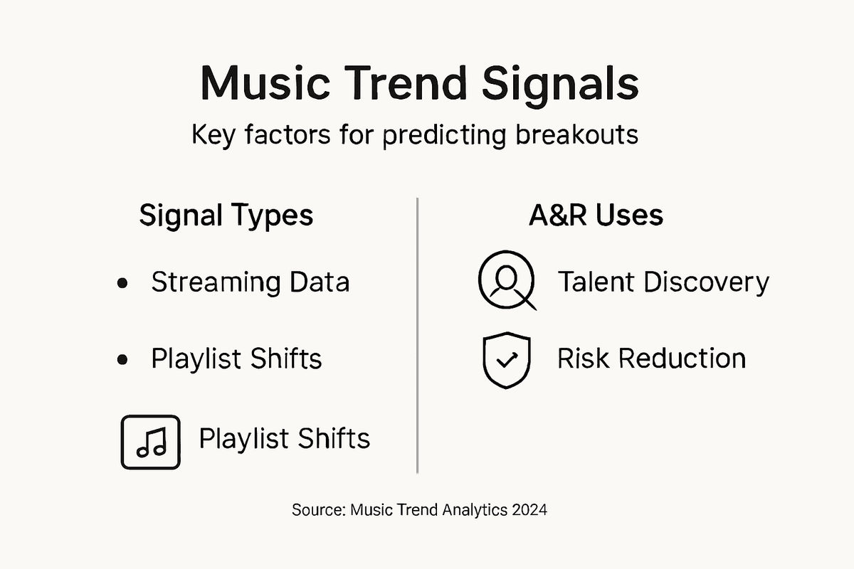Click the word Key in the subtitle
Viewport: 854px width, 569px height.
215,134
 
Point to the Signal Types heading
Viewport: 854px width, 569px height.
226,216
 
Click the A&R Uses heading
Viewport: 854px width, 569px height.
596,216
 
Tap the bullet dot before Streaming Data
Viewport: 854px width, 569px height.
122,283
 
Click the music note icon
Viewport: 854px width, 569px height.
150,442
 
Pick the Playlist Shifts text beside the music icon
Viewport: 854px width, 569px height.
285,438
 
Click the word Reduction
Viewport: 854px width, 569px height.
679,358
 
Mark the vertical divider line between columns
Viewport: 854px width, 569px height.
417,334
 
